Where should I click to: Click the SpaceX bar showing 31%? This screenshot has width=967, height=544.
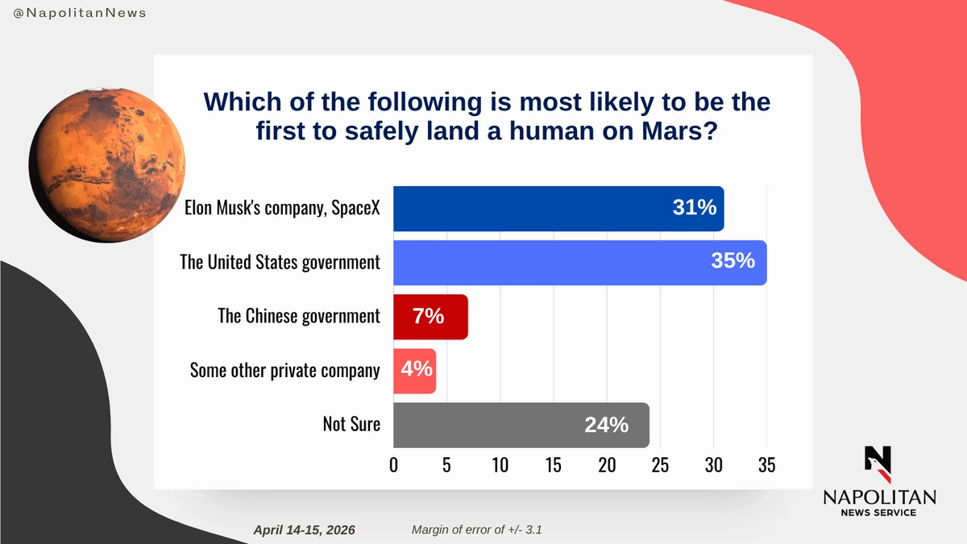tap(558, 209)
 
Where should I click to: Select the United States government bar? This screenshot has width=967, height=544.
tap(579, 262)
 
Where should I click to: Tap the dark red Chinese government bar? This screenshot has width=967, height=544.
tap(430, 317)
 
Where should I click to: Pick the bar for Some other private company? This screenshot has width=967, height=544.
tap(414, 371)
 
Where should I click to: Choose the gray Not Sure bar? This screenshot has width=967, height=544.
tap(521, 425)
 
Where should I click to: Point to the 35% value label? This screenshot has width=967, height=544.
tap(733, 261)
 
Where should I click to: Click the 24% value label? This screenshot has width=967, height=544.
tap(606, 425)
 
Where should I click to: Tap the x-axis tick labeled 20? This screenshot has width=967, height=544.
tap(607, 465)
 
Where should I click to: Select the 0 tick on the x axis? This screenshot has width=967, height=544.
tap(393, 465)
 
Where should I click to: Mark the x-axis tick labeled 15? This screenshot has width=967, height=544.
tap(553, 465)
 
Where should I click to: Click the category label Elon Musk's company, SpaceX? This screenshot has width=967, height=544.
tap(281, 209)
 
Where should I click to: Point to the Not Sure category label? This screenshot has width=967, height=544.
tap(351, 424)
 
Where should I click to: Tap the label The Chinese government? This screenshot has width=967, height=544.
tap(299, 316)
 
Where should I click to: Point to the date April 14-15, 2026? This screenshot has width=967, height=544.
tap(304, 530)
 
